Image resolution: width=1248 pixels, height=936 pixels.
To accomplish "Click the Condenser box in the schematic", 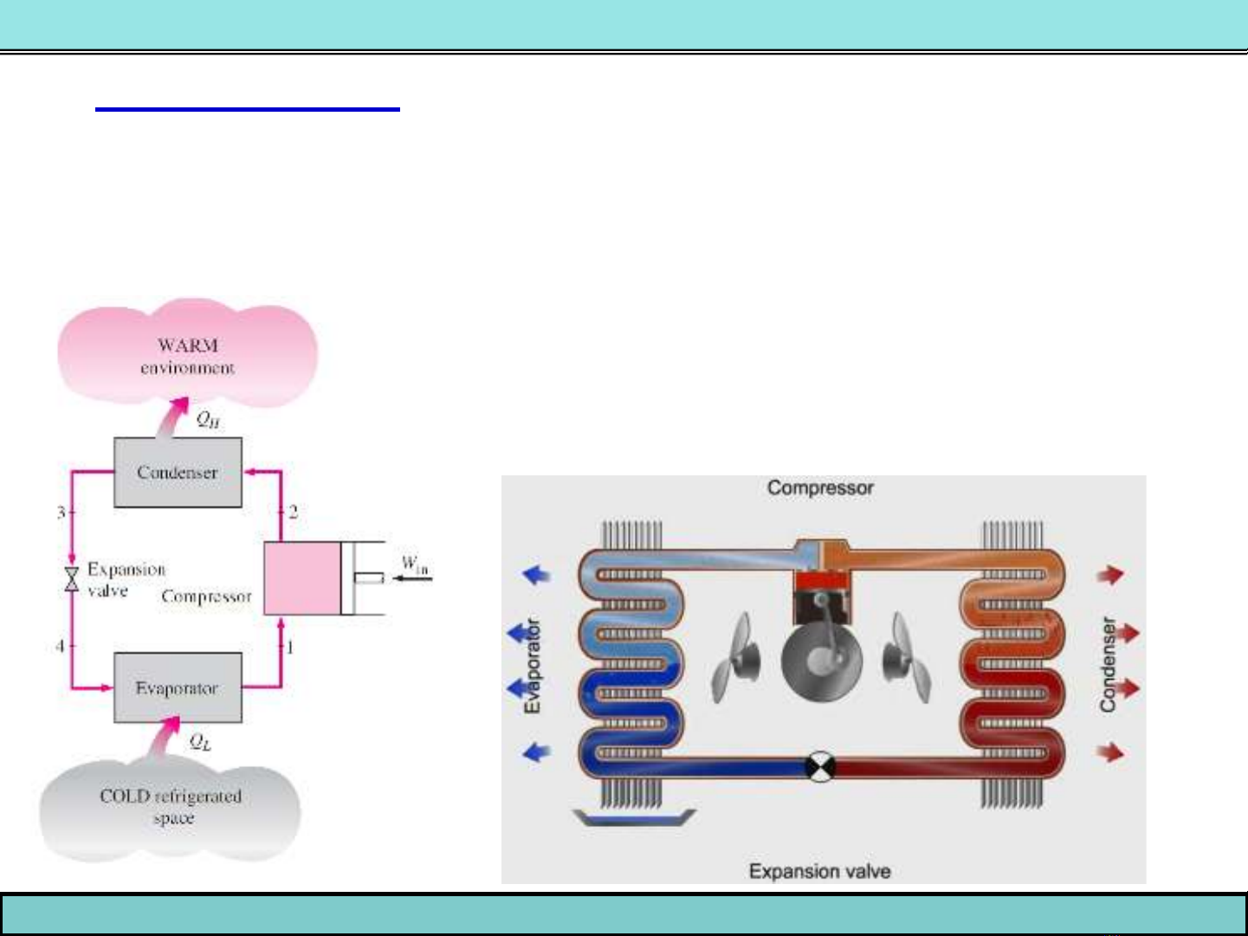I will click(x=178, y=473).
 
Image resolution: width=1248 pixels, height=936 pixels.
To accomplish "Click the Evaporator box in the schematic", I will click(x=178, y=688).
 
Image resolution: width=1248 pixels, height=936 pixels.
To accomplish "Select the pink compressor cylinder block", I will click(x=302, y=578).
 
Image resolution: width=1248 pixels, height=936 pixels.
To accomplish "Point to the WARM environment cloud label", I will click(x=187, y=356).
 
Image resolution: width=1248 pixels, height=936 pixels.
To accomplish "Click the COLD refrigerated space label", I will click(x=171, y=806).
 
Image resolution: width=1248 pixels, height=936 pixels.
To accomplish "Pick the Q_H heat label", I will click(x=208, y=420).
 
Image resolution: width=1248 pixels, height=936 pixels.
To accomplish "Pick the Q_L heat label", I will click(x=200, y=742).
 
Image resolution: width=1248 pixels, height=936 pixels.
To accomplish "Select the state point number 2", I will click(x=294, y=512).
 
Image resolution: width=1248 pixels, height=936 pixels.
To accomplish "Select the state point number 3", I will click(x=61, y=513).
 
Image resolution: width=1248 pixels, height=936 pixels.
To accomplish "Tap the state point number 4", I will click(x=60, y=646).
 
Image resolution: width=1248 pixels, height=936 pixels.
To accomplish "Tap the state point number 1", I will click(x=291, y=647).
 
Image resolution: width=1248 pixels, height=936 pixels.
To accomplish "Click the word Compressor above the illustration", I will click(x=820, y=488).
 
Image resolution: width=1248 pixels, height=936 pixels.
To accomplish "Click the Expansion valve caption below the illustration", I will click(x=819, y=871).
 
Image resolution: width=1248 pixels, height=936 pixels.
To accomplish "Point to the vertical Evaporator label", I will click(x=532, y=666).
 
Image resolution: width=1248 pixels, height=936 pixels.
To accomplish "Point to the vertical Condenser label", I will click(x=1108, y=665).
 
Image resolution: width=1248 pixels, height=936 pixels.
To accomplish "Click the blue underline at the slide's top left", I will click(x=248, y=109).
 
